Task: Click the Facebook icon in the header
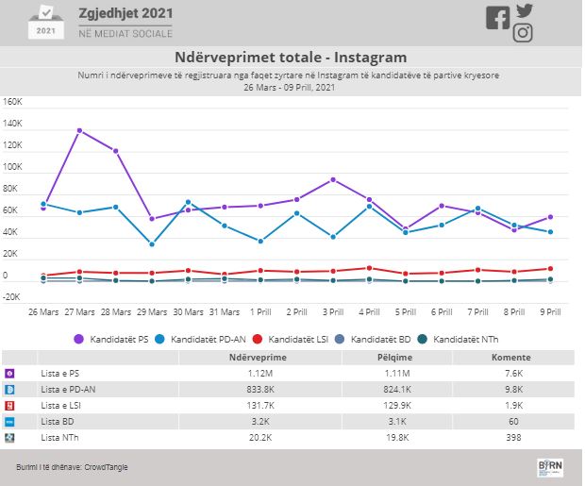497,18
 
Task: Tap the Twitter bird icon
525,11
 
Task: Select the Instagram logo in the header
524,34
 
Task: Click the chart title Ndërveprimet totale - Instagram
291,57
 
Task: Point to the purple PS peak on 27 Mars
79,130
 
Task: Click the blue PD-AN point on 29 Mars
152,244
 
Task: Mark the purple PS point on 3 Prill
333,179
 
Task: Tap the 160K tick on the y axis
12,102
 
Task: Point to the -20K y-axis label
12,297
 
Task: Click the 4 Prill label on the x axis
369,312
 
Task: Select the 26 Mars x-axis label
44,312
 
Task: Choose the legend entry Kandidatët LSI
298,338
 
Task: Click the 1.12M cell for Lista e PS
257,374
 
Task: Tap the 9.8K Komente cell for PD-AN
516,390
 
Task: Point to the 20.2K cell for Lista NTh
257,438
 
